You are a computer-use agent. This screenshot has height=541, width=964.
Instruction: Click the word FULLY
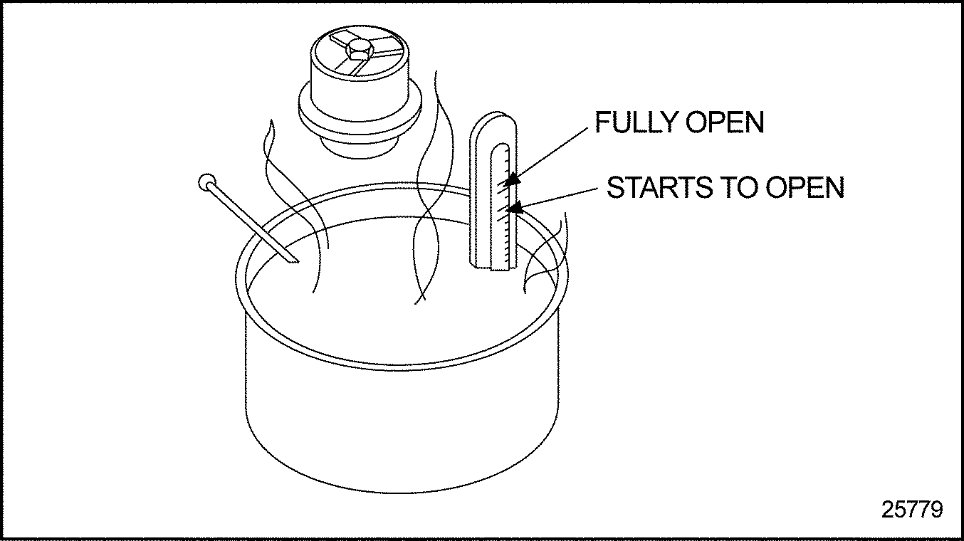[636, 123]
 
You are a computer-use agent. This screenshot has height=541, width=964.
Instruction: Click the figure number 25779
[912, 510]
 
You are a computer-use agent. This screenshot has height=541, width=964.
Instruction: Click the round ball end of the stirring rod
[206, 182]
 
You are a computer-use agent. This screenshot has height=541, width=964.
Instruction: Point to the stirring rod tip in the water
[292, 260]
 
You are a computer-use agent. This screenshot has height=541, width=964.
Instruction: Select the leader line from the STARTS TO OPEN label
[562, 197]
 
